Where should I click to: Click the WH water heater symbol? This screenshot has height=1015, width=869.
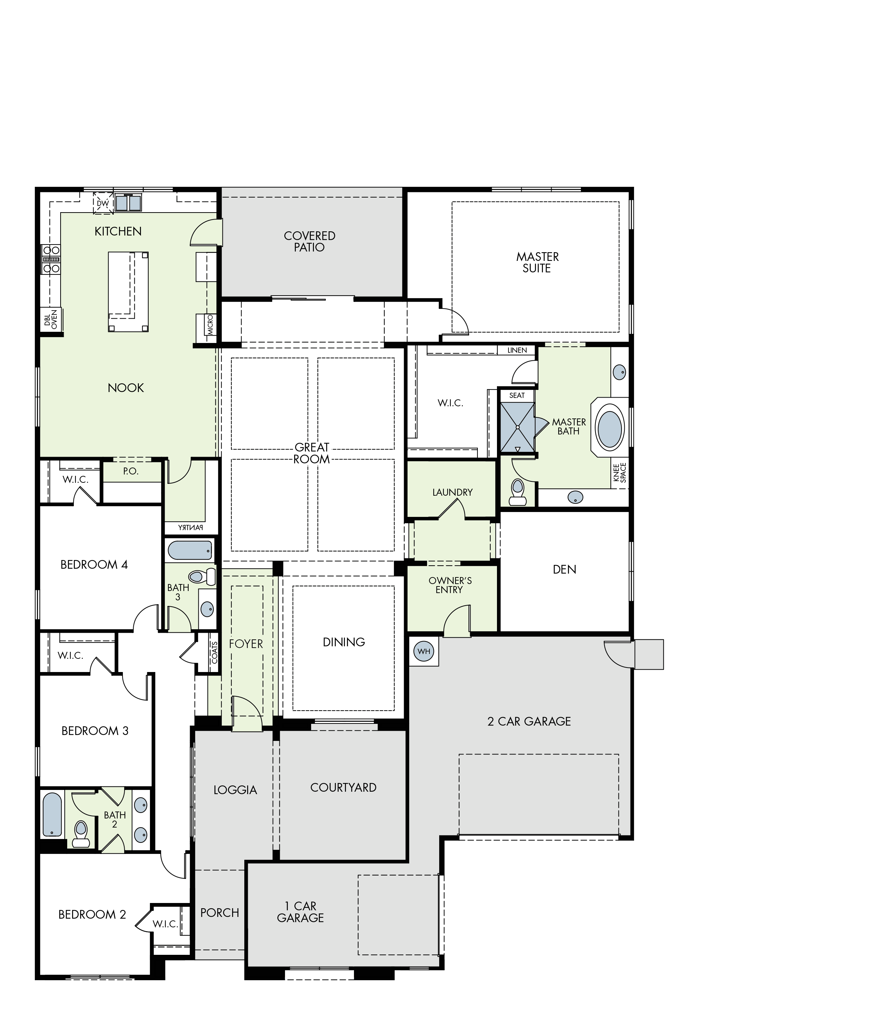coord(424,652)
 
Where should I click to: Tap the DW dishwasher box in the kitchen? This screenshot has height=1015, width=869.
coord(103,203)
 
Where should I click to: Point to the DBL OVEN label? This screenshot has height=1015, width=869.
coord(51,319)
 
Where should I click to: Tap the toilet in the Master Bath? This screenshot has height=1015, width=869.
coord(518,492)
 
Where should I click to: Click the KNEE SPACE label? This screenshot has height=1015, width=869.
coord(620,473)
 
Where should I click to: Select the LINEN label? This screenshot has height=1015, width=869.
coord(517,350)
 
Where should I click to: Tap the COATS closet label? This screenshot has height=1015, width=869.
coord(214,653)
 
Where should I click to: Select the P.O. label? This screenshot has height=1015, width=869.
coord(131,471)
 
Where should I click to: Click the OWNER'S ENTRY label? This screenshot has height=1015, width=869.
coord(450,585)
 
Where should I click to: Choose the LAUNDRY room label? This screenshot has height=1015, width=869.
coord(452,492)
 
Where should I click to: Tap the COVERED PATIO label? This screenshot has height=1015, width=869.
coord(310,241)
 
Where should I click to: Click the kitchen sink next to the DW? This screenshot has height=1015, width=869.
coord(128,203)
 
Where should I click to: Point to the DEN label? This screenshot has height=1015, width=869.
coord(564,569)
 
